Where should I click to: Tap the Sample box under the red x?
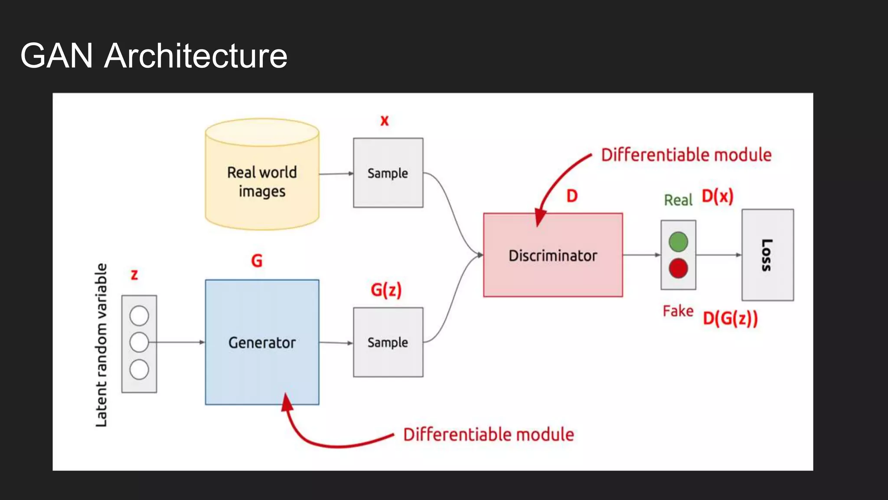point(388,173)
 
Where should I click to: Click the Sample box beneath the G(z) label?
point(388,342)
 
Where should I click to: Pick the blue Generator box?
point(262,342)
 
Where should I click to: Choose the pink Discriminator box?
point(553,255)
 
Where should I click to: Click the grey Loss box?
point(767,255)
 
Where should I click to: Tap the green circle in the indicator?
point(678,242)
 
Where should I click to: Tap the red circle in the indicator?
point(678,268)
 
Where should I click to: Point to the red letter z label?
point(134,275)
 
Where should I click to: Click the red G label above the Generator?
point(257,261)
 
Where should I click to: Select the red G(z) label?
point(386,290)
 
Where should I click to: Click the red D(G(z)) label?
point(730,319)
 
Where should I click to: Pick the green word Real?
point(678,200)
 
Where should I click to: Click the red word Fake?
point(678,311)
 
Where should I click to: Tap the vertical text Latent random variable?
point(101,345)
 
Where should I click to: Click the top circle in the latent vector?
point(139,316)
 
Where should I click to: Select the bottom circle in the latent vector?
point(139,370)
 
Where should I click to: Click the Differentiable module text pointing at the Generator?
point(488,434)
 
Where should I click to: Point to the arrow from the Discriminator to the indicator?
point(641,255)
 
